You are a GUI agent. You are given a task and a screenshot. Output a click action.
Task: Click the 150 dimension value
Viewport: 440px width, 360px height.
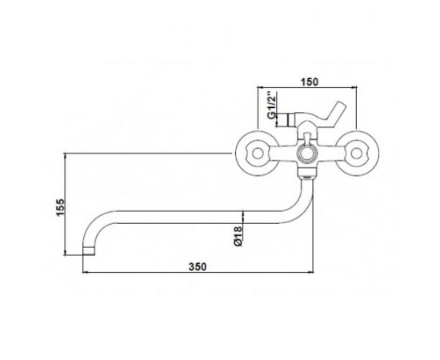[310, 82]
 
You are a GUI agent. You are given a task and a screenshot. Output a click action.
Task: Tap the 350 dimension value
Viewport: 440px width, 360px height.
[198, 266]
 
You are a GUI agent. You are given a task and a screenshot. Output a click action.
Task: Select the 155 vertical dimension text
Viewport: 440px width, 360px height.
[61, 207]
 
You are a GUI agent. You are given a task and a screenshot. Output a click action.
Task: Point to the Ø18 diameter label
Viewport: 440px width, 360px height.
[238, 236]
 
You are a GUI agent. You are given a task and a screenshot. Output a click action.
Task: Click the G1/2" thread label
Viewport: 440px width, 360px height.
[271, 104]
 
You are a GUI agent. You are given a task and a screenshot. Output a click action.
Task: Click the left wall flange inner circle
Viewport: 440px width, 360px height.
[257, 154]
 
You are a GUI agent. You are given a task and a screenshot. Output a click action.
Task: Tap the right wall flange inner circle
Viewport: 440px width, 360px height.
[357, 154]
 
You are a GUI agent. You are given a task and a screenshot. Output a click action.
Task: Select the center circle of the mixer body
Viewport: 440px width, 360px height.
[306, 154]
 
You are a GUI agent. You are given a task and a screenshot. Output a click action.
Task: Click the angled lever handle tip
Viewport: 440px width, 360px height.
[342, 105]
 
